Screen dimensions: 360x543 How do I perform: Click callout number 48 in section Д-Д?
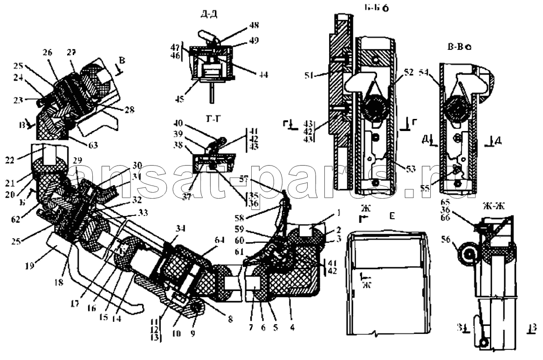(x=255, y=25)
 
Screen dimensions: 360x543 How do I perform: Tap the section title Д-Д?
(x=209, y=14)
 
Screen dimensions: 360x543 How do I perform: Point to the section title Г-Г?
(x=211, y=119)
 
